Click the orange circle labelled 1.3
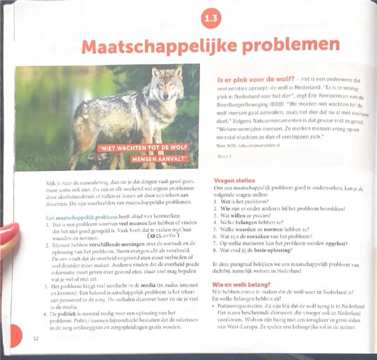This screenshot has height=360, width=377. pyautogui.click(x=210, y=19)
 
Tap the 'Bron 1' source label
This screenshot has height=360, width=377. pyautogui.click(x=225, y=156)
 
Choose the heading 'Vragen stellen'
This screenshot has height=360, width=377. pyautogui.click(x=234, y=181)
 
